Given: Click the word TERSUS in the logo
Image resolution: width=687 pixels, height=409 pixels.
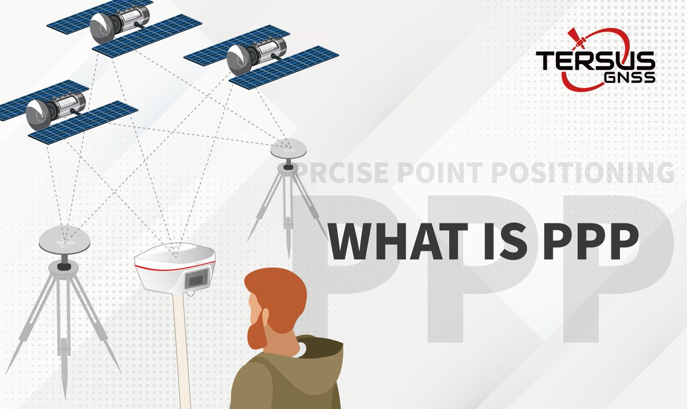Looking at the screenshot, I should tap(595, 60).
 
